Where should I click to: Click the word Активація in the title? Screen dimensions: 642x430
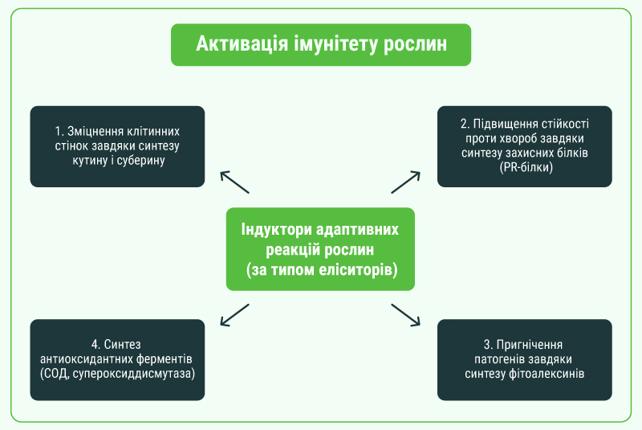(x=242, y=44)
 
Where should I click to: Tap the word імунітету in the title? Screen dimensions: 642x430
(x=335, y=44)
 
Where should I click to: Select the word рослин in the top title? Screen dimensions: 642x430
(x=415, y=45)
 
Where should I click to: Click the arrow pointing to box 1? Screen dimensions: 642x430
(x=234, y=182)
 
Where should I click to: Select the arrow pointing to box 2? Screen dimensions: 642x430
(x=406, y=182)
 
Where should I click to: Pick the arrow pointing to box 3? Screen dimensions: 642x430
(x=406, y=315)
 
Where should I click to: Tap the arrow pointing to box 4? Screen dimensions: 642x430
(x=234, y=315)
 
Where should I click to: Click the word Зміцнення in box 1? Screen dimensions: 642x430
(x=95, y=131)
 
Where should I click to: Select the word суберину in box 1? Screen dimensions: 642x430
(x=141, y=160)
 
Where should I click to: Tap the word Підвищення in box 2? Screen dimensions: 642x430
(x=506, y=124)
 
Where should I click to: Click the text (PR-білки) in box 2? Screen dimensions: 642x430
(x=526, y=167)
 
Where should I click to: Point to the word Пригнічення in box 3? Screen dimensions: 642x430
(x=530, y=344)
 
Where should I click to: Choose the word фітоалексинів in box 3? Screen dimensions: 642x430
(x=547, y=374)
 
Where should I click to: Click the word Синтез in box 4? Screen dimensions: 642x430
(x=122, y=344)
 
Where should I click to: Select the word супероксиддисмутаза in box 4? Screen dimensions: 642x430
(x=134, y=374)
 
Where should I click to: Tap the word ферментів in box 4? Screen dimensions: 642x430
(x=165, y=359)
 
